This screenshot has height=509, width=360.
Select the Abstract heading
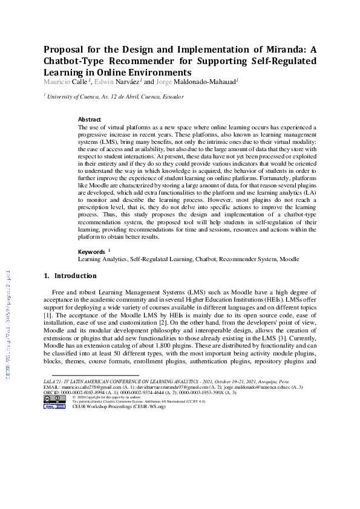click(x=90, y=120)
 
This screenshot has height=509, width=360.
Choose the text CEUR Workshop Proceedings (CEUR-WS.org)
click(x=118, y=407)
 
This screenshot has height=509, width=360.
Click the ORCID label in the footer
click(x=52, y=392)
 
